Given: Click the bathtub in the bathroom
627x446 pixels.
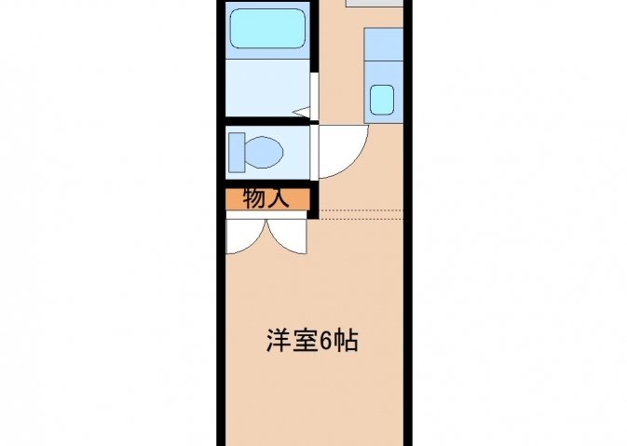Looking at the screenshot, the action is pyautogui.click(x=268, y=29).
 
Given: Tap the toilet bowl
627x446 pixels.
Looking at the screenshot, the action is pyautogui.click(x=264, y=153).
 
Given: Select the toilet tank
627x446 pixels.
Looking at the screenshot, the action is pyautogui.click(x=237, y=153).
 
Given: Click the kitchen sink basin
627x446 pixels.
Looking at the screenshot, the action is pyautogui.click(x=382, y=100).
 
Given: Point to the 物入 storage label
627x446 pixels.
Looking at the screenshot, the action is pyautogui.click(x=266, y=198).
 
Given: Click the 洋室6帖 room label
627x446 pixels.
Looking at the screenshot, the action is pyautogui.click(x=312, y=341).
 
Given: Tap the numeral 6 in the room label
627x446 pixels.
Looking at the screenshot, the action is pyautogui.click(x=325, y=341).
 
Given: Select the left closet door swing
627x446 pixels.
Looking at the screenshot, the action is pyautogui.click(x=246, y=237).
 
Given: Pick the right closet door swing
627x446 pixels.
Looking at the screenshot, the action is pyautogui.click(x=287, y=237).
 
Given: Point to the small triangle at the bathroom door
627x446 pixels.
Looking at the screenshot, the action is pyautogui.click(x=301, y=113).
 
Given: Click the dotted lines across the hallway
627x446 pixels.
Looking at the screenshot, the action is pyautogui.click(x=361, y=214).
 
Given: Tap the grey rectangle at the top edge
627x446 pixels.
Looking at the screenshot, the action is pyautogui.click(x=375, y=3).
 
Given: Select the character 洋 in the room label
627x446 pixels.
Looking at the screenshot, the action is pyautogui.click(x=279, y=341).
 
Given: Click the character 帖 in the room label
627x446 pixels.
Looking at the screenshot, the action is pyautogui.click(x=346, y=341).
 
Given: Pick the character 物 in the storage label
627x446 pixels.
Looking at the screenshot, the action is pyautogui.click(x=254, y=198).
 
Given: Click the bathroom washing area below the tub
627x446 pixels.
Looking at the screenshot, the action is pyautogui.click(x=267, y=88).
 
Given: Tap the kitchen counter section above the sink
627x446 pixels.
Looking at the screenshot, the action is pyautogui.click(x=384, y=45).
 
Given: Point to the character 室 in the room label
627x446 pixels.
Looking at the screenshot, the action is pyautogui.click(x=305, y=341).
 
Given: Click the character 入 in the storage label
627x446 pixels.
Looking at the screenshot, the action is pyautogui.click(x=278, y=198).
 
